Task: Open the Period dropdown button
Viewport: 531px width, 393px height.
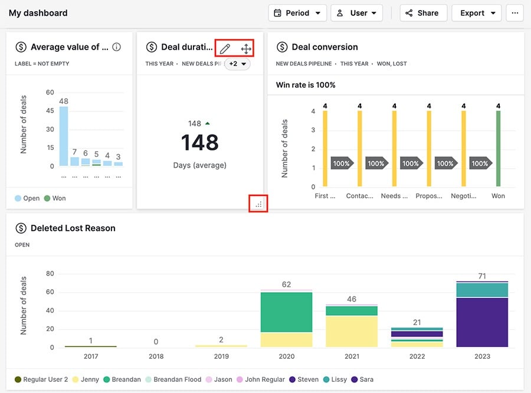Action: (297, 13)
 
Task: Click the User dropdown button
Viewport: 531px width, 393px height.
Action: (356, 13)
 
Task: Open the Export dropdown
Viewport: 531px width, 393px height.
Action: (476, 13)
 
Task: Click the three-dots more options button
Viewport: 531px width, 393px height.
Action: (514, 13)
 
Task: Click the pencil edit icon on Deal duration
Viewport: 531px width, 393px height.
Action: (225, 48)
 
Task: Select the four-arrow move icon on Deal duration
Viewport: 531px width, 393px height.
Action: (246, 48)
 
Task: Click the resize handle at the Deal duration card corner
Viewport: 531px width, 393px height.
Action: (259, 204)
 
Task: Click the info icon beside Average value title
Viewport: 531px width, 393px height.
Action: (117, 47)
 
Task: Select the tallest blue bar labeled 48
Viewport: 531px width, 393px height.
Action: (64, 136)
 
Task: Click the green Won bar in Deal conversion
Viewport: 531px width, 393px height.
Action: (498, 149)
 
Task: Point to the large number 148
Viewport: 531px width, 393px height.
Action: (199, 143)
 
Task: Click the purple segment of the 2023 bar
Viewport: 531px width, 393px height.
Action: (481, 322)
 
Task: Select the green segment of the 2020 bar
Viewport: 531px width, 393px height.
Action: (286, 312)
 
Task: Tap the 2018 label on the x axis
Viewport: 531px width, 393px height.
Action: (156, 356)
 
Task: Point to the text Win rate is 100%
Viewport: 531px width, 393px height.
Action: (306, 85)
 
